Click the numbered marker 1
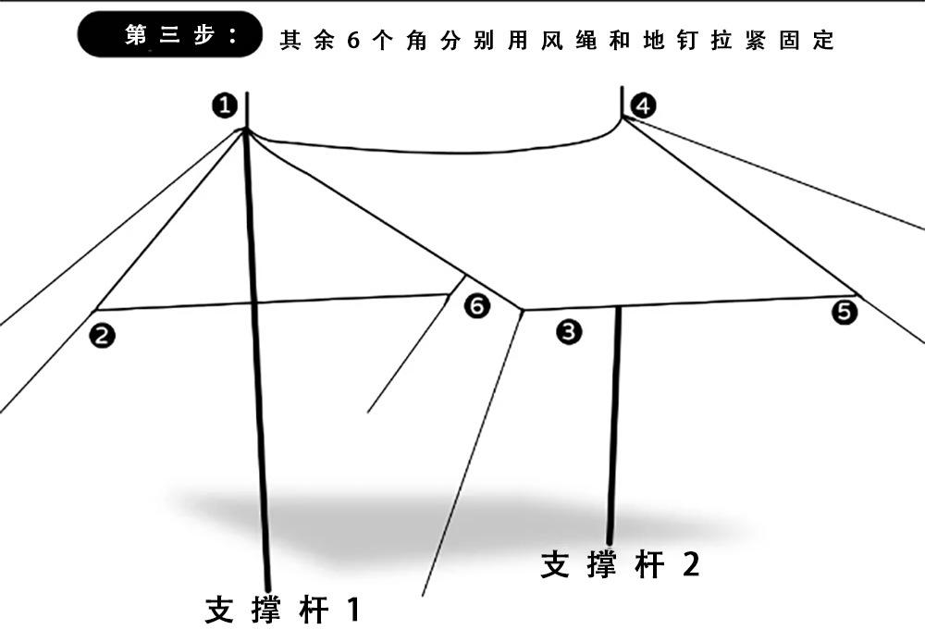point(225,106)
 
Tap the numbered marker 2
point(103,335)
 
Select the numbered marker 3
point(569,331)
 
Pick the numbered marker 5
point(844,313)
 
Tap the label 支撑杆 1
point(281,610)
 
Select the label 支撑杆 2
point(621,563)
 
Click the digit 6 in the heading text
point(352,42)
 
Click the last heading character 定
point(822,41)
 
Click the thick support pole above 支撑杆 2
point(614,426)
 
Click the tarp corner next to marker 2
point(98,309)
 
